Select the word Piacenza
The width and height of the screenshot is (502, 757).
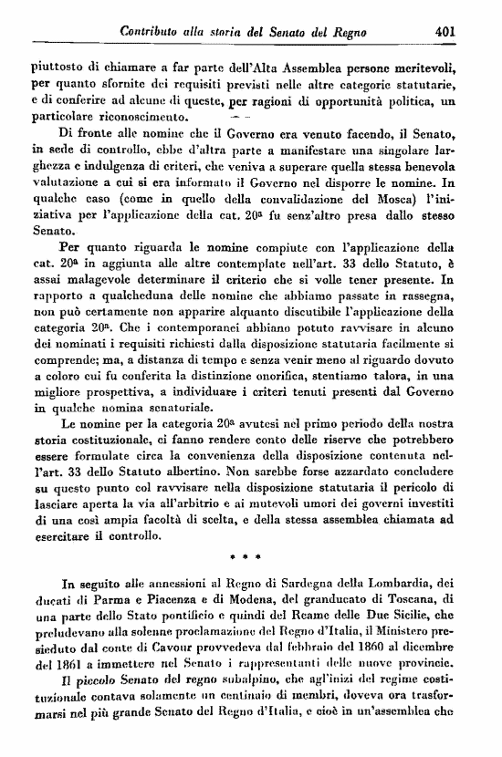click(x=173, y=600)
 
